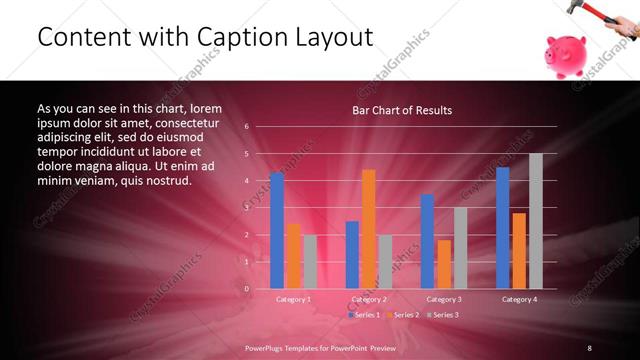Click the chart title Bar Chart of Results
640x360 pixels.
[x=402, y=110]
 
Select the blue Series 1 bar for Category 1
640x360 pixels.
[x=277, y=230]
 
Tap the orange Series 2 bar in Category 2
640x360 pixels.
[x=369, y=229]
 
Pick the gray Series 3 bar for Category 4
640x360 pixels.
[x=536, y=221]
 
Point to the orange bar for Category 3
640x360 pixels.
[x=444, y=264]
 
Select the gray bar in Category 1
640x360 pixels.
[x=310, y=261]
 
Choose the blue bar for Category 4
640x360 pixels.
[x=503, y=228]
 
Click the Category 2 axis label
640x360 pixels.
[x=369, y=299]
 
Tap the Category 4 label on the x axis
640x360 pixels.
[x=519, y=299]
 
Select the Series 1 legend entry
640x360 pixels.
[x=366, y=315]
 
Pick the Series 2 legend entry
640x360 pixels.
[x=404, y=315]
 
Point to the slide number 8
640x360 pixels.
[x=589, y=347]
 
